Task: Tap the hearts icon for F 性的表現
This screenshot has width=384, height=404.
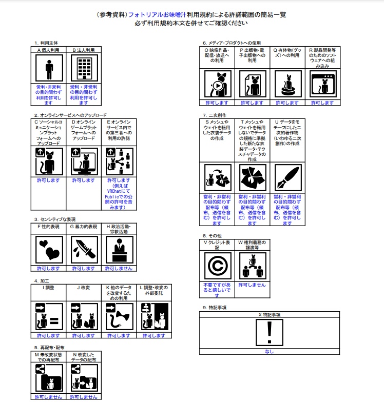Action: pyautogui.click(x=49, y=249)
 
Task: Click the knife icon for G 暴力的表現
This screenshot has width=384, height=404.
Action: pyautogui.click(x=84, y=249)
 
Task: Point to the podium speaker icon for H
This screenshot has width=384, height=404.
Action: pyautogui.click(x=119, y=249)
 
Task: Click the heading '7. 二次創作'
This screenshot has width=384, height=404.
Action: pyautogui.click(x=215, y=115)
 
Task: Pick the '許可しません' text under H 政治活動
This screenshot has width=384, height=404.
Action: pyautogui.click(x=119, y=268)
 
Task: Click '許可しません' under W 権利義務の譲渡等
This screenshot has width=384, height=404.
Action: pyautogui.click(x=252, y=285)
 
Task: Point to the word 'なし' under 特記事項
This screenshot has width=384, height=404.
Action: pyautogui.click(x=270, y=352)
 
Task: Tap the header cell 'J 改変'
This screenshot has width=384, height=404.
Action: pyautogui.click(x=84, y=288)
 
